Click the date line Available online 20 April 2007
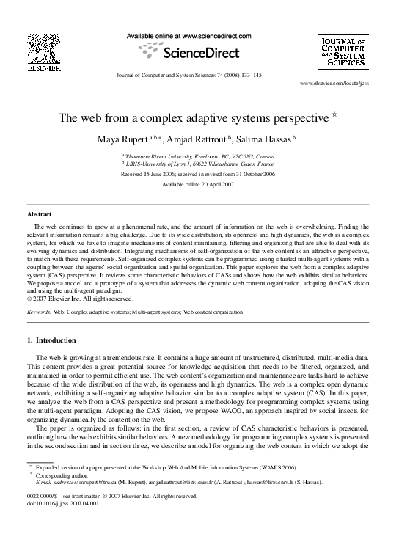[x=199, y=185]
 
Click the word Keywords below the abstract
[x=39, y=312]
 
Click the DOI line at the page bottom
[x=62, y=504]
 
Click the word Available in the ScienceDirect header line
[x=139, y=35]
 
